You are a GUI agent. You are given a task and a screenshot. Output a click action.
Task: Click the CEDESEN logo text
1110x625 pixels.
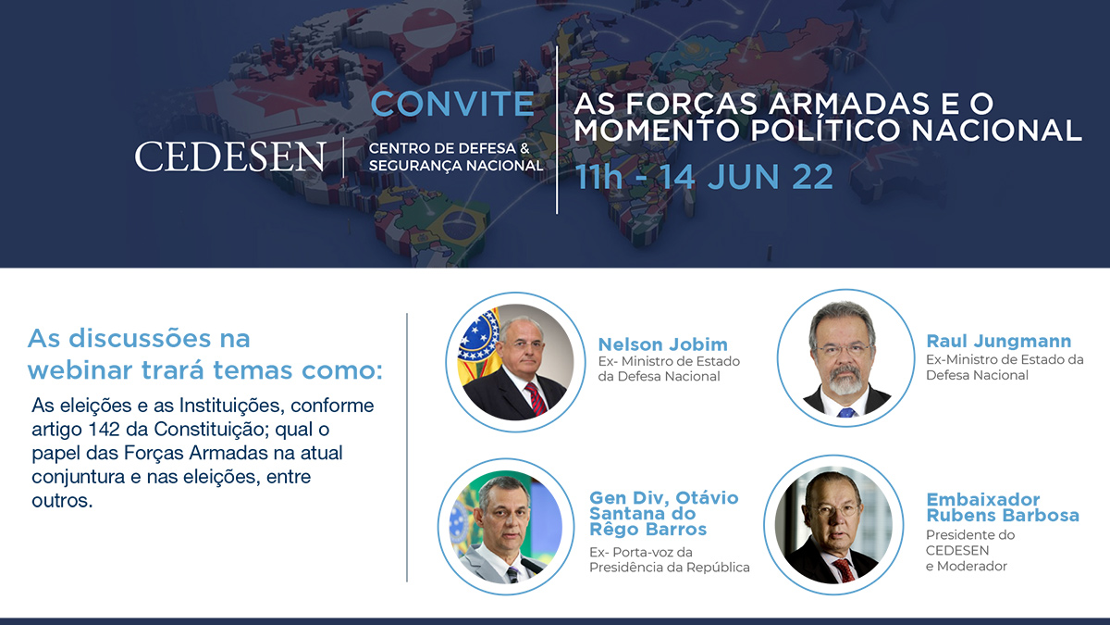pos(230,156)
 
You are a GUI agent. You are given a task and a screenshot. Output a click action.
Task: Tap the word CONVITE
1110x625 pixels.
pos(452,104)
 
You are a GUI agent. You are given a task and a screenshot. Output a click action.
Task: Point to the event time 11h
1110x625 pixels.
pos(598,177)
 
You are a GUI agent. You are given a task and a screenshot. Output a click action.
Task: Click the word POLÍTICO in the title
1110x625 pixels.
pos(824,130)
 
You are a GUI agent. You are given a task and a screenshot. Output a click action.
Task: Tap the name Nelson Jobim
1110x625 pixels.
pos(662,344)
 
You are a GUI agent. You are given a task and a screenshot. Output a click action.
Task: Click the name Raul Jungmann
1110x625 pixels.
pos(999,341)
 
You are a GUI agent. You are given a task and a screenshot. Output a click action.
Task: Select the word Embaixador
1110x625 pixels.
pos(983,499)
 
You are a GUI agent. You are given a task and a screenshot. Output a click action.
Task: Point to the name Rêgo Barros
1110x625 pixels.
pos(647,529)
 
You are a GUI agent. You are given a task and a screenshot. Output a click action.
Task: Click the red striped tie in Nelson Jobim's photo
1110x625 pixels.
pos(536,398)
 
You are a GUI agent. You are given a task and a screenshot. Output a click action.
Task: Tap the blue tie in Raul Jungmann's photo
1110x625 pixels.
pos(845,413)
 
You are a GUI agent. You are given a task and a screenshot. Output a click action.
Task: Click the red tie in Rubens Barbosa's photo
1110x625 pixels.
pos(845,570)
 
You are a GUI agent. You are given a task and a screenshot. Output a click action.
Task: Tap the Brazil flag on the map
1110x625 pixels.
pos(457,225)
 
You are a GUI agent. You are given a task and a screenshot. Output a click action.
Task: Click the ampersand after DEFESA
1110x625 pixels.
pos(525,148)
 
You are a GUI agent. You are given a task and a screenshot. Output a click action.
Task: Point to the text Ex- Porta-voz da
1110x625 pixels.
pos(641,552)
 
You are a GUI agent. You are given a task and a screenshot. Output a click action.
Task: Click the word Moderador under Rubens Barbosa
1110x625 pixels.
pos(972,566)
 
